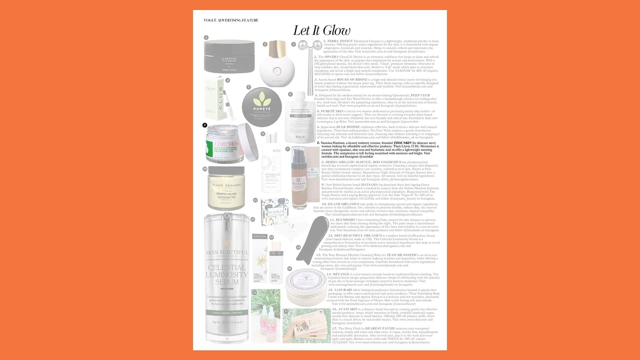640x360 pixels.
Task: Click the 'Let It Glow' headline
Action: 322,31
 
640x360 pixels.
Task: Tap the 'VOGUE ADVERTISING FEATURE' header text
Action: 231,20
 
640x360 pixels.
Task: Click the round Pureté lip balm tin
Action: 262,107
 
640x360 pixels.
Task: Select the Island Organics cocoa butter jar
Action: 226,188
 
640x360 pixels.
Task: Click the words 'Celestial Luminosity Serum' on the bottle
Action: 227,275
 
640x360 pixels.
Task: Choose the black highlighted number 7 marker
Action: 205,125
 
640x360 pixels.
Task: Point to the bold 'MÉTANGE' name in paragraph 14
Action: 341,274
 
